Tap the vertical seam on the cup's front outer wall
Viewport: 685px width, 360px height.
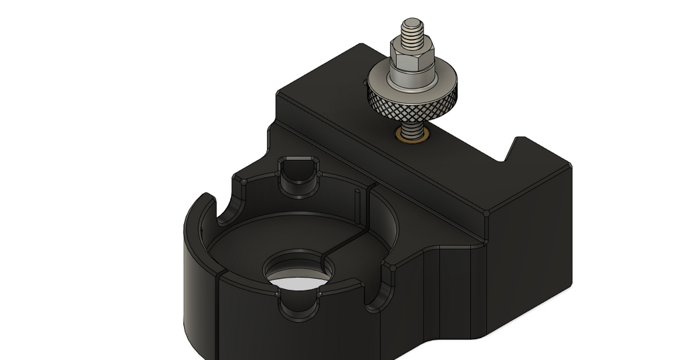pyautogui.click(x=219, y=314)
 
